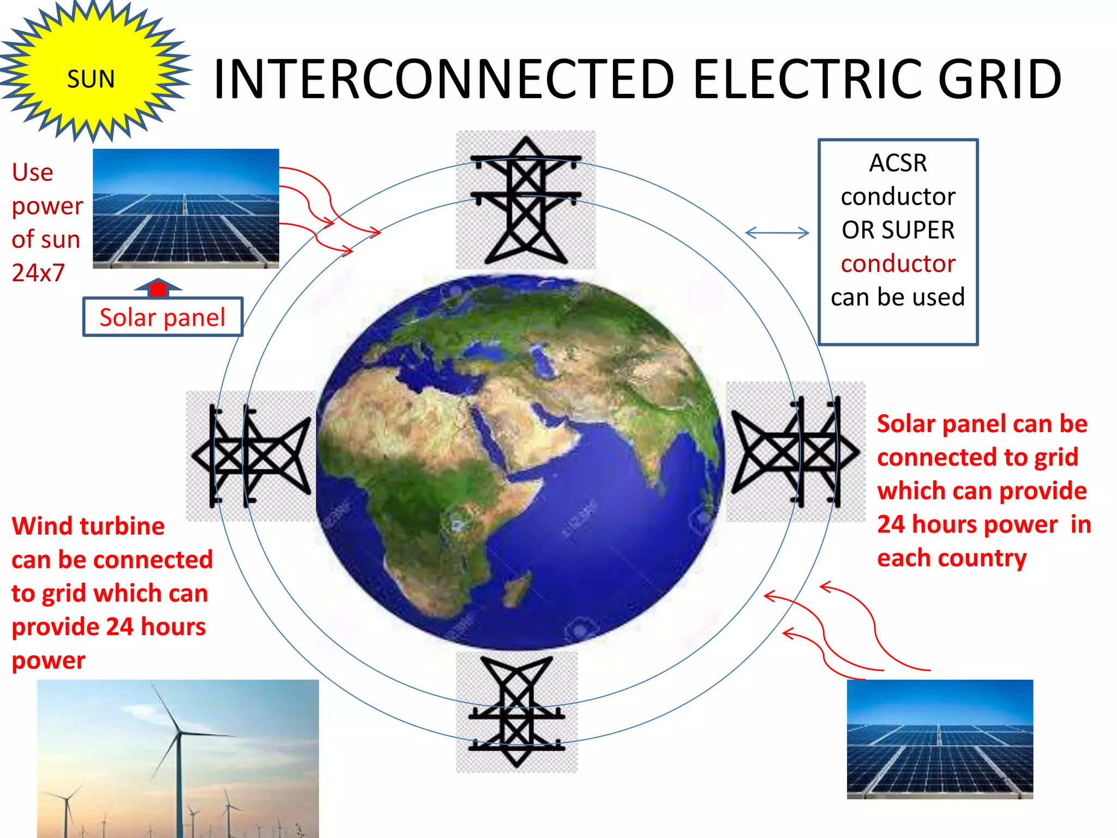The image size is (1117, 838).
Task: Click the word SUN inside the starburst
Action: [91, 79]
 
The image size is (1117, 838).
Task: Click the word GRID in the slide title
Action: [999, 80]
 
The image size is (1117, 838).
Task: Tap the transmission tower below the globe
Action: [517, 712]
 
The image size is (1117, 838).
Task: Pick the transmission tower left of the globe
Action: [251, 455]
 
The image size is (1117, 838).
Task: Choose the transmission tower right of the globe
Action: [796, 452]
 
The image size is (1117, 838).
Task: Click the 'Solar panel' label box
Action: [163, 317]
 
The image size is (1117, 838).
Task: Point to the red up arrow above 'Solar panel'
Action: [158, 288]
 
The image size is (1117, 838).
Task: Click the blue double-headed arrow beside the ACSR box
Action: [777, 233]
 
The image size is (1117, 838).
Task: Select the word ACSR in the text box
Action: [898, 163]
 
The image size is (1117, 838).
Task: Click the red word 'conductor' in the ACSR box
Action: [898, 264]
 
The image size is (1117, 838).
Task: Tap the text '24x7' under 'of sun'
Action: [38, 272]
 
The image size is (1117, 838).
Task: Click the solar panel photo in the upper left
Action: [186, 208]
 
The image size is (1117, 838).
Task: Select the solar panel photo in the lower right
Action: [940, 739]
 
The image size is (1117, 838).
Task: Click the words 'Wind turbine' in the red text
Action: [88, 526]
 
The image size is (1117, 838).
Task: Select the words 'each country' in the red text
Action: [952, 558]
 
